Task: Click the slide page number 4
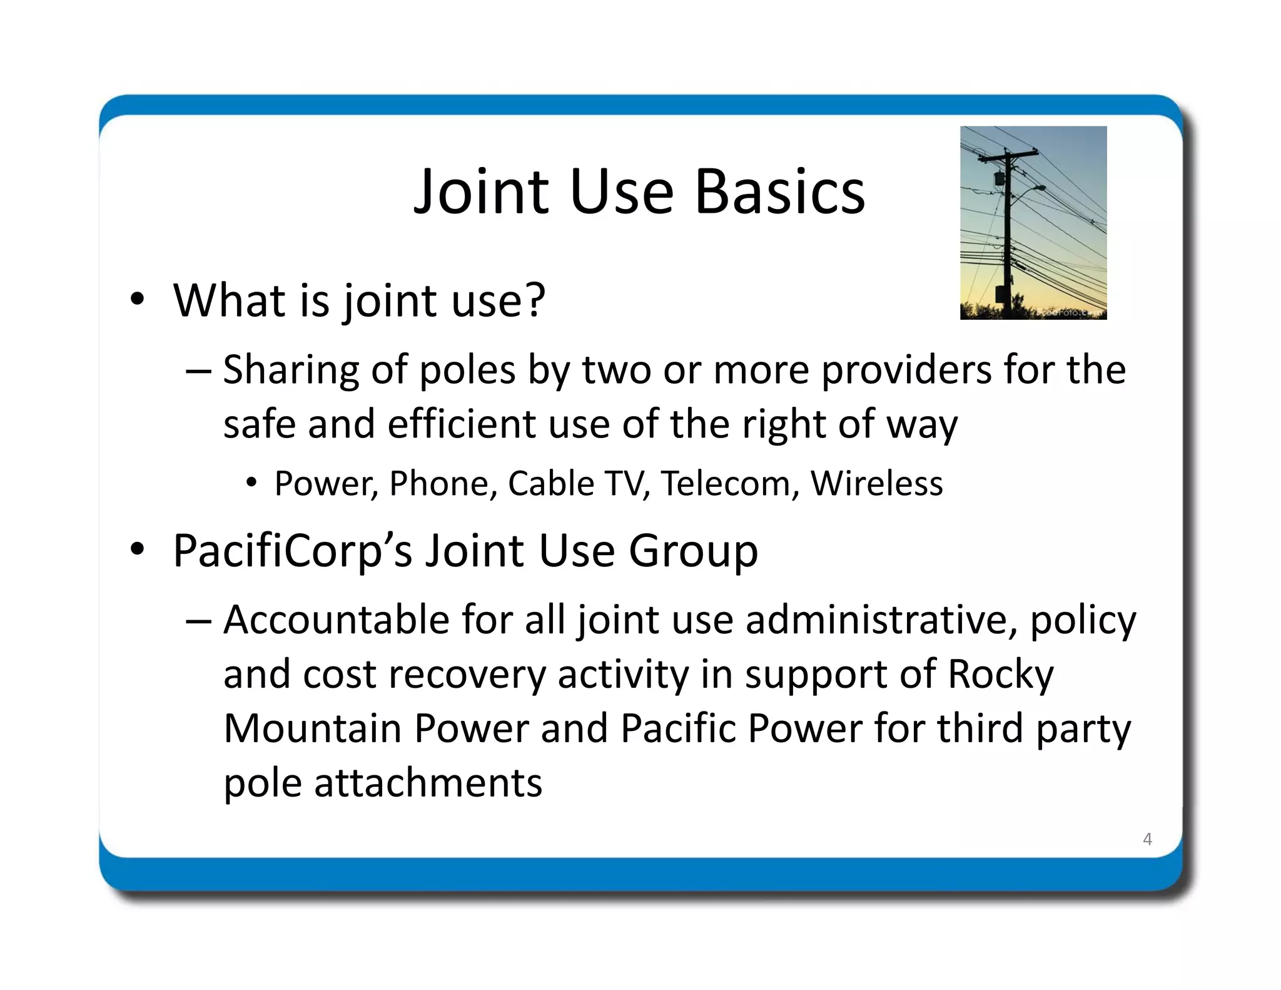tap(1147, 839)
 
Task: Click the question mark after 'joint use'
tap(534, 300)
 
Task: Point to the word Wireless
tap(876, 484)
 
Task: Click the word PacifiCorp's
tap(292, 551)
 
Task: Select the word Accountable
tap(336, 620)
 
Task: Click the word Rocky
tap(1000, 675)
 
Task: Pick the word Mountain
tap(313, 729)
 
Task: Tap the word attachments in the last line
tap(428, 783)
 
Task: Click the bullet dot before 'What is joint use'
tap(138, 299)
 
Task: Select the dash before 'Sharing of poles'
tap(199, 370)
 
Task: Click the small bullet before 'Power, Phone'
tap(251, 483)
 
